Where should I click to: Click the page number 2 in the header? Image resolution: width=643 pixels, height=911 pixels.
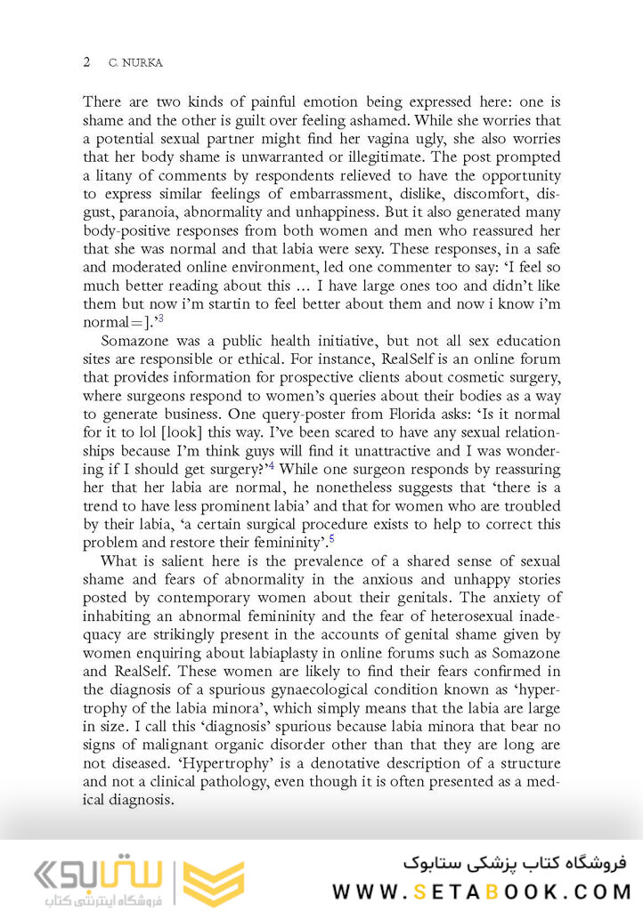[x=85, y=62]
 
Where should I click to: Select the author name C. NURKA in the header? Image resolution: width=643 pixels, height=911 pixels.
[x=136, y=63]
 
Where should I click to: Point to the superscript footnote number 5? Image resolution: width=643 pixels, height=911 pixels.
[x=331, y=539]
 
